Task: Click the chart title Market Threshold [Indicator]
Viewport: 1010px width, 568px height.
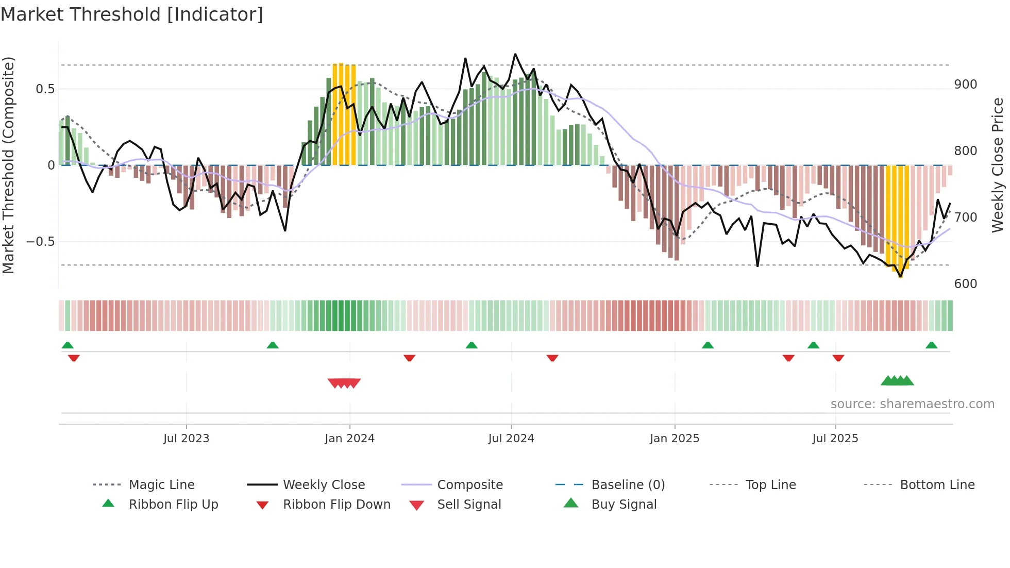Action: (x=132, y=14)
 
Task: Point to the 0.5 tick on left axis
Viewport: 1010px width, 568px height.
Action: (x=45, y=89)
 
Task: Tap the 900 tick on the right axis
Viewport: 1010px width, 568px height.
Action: (x=965, y=85)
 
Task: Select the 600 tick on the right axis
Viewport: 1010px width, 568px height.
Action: (x=965, y=284)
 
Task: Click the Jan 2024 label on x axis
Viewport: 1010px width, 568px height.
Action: (x=349, y=439)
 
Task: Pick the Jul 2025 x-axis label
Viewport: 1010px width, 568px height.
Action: (x=835, y=439)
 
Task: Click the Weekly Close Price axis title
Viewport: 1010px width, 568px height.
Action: (x=998, y=165)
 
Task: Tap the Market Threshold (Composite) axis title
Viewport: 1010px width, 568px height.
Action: (x=8, y=165)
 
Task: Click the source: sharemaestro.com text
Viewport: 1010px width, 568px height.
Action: (x=912, y=404)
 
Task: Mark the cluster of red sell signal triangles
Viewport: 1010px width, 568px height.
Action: (x=344, y=383)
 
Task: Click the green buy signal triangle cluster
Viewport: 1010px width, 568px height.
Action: (x=897, y=381)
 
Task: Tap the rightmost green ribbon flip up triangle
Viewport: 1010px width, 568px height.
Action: (x=931, y=345)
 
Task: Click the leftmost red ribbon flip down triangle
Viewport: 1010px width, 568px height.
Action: (x=74, y=358)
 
